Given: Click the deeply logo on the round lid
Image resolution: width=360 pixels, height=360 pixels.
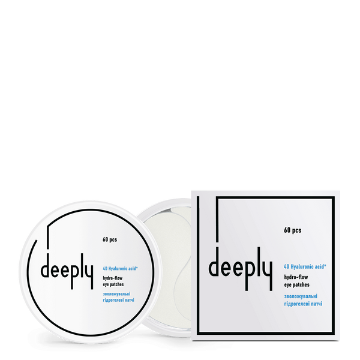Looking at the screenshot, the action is coord(67,271).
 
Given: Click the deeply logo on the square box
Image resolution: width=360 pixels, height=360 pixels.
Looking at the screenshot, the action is coord(241,269).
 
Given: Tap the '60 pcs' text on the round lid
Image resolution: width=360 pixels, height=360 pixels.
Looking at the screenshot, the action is coord(110,239).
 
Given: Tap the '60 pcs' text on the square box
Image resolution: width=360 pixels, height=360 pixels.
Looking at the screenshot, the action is coord(293,230).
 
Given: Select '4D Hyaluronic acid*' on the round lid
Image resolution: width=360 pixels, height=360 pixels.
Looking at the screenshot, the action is coord(120,268).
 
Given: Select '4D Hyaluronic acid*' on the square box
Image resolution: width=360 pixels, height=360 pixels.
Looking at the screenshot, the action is coord(305,266).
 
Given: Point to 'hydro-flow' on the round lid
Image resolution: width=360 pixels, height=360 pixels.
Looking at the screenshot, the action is coord(113,278).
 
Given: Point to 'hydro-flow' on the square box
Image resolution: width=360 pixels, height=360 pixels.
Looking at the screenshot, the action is coord(296,277).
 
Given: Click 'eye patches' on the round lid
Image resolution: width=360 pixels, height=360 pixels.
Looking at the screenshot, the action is coord(113,284).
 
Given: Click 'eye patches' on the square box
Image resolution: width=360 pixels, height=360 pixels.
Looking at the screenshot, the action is coord(296,284).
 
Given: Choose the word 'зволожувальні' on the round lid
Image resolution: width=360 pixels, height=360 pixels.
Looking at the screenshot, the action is coord(116,294).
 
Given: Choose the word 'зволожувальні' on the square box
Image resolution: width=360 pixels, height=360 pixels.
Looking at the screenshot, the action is coord(301,296).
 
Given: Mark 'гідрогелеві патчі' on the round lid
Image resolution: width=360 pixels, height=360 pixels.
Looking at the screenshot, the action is coord(118,300).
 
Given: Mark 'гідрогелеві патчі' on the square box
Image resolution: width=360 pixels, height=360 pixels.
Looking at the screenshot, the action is coord(303,304).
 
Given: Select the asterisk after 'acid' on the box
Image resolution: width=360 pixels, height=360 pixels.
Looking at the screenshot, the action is coord(325,265).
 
